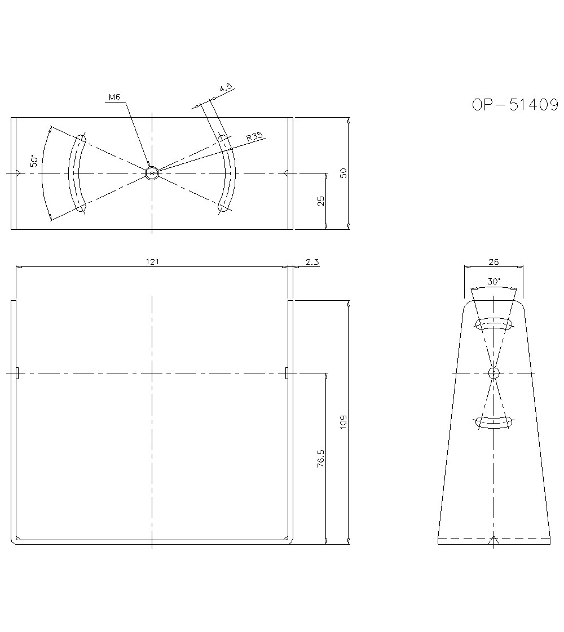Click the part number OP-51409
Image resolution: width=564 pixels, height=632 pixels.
515,105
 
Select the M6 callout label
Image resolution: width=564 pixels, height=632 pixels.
114,97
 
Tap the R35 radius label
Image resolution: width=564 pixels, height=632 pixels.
255,137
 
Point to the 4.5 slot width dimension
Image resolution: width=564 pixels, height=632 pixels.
226,88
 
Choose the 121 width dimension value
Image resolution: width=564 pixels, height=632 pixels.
152,262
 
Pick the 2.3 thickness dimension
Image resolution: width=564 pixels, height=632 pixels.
312,262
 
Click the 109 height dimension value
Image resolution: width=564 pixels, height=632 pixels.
343,421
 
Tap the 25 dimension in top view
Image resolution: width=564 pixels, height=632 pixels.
320,201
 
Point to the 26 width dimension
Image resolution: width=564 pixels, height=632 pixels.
493,262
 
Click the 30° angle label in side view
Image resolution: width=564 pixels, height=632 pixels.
494,282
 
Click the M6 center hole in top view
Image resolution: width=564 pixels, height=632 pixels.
152,173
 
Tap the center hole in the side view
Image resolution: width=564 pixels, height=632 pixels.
494,373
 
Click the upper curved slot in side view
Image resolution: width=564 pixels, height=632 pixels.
494,324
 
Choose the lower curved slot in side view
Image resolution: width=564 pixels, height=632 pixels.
494,422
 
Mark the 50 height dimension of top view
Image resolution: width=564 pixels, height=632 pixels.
343,173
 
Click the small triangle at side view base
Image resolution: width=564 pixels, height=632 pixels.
494,541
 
